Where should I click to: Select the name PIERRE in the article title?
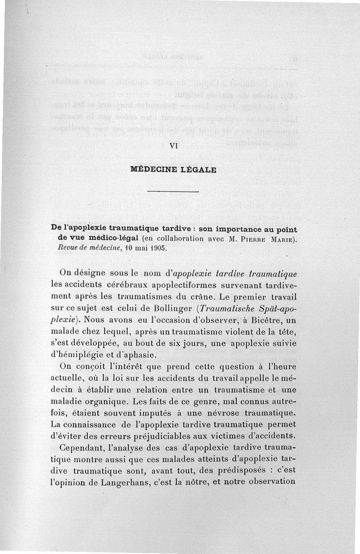(x=252, y=239)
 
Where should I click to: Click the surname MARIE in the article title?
(x=283, y=239)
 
